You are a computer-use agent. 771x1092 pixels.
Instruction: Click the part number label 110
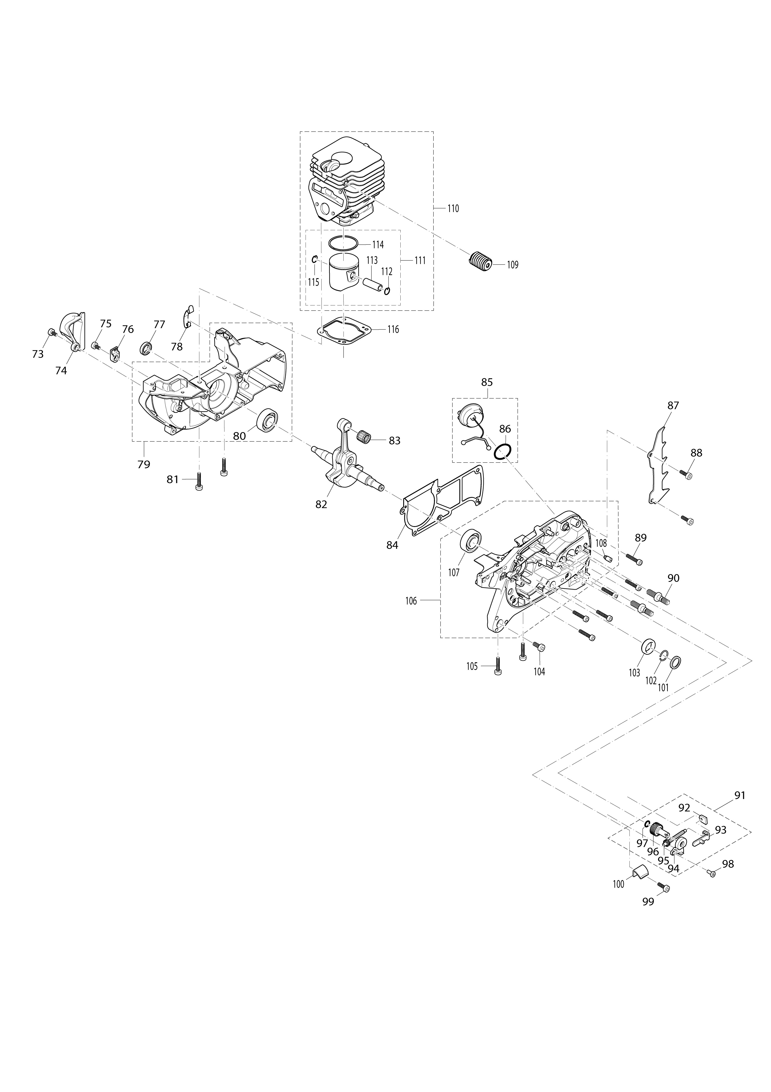point(453,208)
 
